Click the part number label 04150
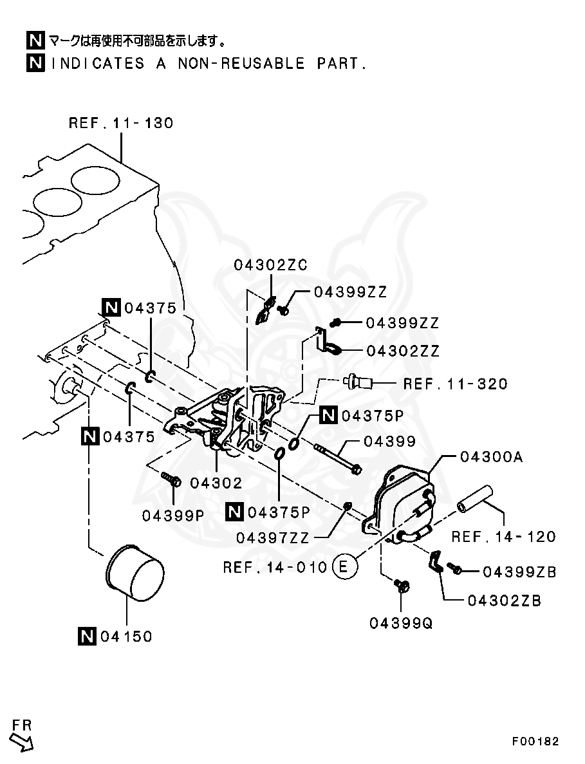(x=125, y=637)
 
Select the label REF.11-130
(x=121, y=123)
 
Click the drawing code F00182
(x=535, y=741)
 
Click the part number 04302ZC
(x=270, y=265)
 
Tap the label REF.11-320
(x=455, y=384)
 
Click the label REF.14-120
(x=503, y=536)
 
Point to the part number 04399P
(x=173, y=515)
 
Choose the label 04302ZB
(x=504, y=601)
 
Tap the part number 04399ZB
(x=519, y=571)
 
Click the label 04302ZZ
(x=403, y=351)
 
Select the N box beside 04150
(x=87, y=637)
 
